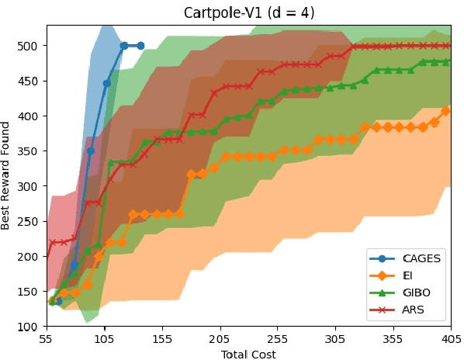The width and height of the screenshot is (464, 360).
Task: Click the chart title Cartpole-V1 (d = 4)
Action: pyautogui.click(x=248, y=13)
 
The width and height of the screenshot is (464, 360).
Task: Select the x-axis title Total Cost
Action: pyautogui.click(x=248, y=354)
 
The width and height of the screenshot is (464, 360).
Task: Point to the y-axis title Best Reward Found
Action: pyautogui.click(x=6, y=175)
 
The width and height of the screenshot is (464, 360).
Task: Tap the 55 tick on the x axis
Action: pyautogui.click(x=47, y=339)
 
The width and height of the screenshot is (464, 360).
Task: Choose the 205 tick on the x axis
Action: pyautogui.click(x=220, y=339)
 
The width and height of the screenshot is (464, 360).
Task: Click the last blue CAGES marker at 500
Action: pyautogui.click(x=140, y=46)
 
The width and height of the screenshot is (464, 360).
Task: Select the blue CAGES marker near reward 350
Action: pyautogui.click(x=90, y=151)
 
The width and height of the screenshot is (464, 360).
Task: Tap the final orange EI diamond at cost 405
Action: pyautogui.click(x=445, y=111)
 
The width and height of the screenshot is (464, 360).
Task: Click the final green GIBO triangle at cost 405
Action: pyautogui.click(x=445, y=61)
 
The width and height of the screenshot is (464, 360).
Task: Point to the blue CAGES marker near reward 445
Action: pyautogui.click(x=107, y=83)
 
